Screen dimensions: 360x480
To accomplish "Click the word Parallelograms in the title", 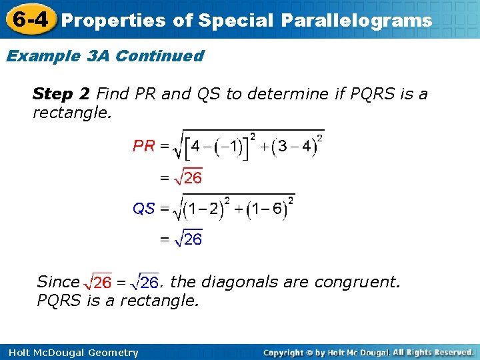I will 356,21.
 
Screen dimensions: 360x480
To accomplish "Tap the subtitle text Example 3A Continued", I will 105,56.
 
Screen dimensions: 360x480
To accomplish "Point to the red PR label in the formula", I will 144,145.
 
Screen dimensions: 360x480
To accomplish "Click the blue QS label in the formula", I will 144,209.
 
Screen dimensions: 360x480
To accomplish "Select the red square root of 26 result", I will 188,178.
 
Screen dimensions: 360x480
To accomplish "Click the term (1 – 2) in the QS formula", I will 204,209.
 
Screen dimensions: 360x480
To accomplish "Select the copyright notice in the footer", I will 368,352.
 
